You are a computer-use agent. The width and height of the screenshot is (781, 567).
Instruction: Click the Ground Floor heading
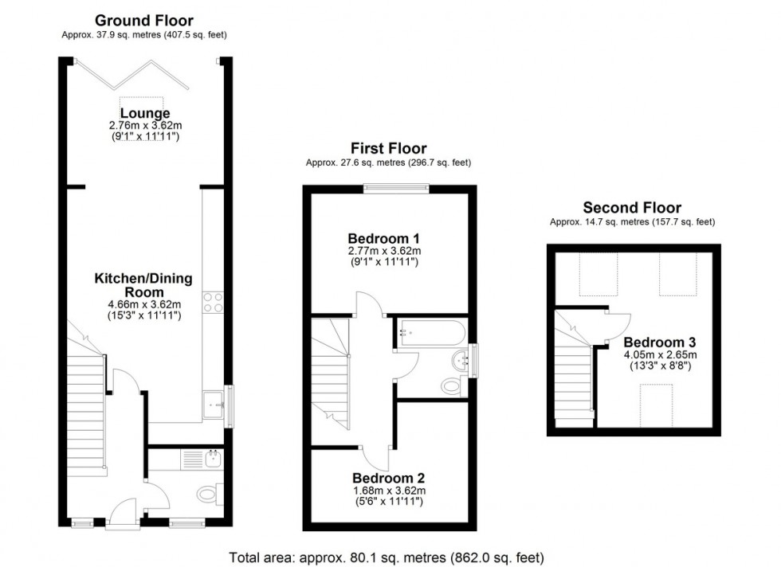[x=143, y=20]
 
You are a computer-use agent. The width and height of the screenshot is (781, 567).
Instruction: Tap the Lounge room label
[x=144, y=114]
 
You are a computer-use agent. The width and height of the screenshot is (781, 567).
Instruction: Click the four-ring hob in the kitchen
[x=214, y=301]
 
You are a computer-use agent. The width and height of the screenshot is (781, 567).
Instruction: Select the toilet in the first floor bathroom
[x=452, y=387]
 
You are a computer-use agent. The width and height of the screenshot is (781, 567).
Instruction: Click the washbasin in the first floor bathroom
[x=461, y=359]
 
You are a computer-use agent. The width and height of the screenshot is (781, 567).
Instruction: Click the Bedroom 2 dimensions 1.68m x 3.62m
[x=389, y=491]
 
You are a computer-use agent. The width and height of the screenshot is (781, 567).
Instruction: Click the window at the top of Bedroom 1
[x=396, y=188]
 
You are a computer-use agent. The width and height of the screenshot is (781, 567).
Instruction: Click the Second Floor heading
[x=632, y=209]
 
